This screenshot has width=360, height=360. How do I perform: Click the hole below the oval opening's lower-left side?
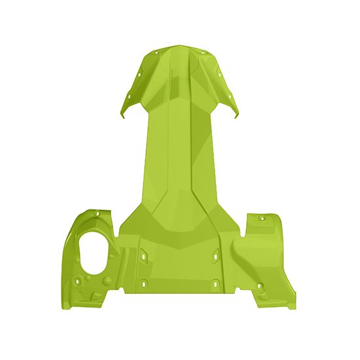[78, 280]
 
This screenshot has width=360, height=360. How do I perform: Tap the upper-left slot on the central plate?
[143, 250]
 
